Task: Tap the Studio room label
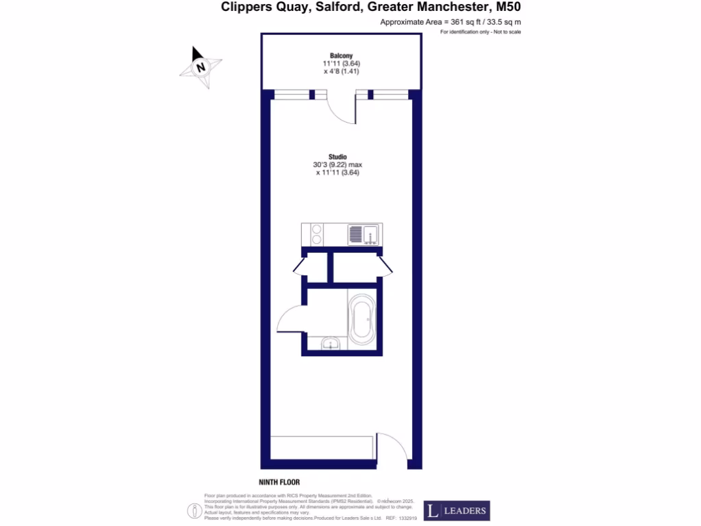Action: (x=337, y=157)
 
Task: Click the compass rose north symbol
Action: (x=200, y=66)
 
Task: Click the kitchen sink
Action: (x=365, y=235)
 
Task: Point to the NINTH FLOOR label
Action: (x=279, y=482)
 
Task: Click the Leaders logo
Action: (x=457, y=510)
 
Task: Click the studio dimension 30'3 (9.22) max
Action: (x=337, y=165)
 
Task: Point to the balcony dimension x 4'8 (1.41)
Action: (x=337, y=71)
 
